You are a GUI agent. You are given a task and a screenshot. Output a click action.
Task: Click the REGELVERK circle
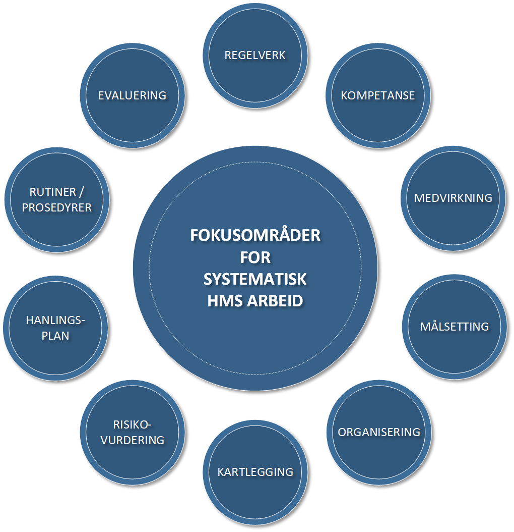point(255,55)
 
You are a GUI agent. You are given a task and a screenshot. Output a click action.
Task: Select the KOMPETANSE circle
point(378,95)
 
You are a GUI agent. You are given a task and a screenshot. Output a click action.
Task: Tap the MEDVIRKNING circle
point(453,197)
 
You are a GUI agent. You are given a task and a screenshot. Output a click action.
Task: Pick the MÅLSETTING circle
point(455,326)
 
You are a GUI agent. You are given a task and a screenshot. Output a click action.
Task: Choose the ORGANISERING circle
point(379,432)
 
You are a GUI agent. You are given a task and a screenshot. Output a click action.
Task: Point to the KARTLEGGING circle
point(255,472)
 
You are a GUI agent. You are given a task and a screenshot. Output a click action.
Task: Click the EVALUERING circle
point(133,95)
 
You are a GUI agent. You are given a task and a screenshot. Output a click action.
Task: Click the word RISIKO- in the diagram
point(132,424)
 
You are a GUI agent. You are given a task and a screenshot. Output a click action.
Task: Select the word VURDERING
point(133,440)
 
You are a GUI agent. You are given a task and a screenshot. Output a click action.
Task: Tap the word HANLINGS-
point(55,320)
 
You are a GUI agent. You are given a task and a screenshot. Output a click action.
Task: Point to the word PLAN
point(55,336)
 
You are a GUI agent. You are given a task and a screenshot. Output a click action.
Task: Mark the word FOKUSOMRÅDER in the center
point(255,236)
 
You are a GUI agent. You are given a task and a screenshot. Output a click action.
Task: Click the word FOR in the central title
point(255,257)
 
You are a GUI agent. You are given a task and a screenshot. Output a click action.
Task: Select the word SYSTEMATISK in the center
point(255,279)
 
